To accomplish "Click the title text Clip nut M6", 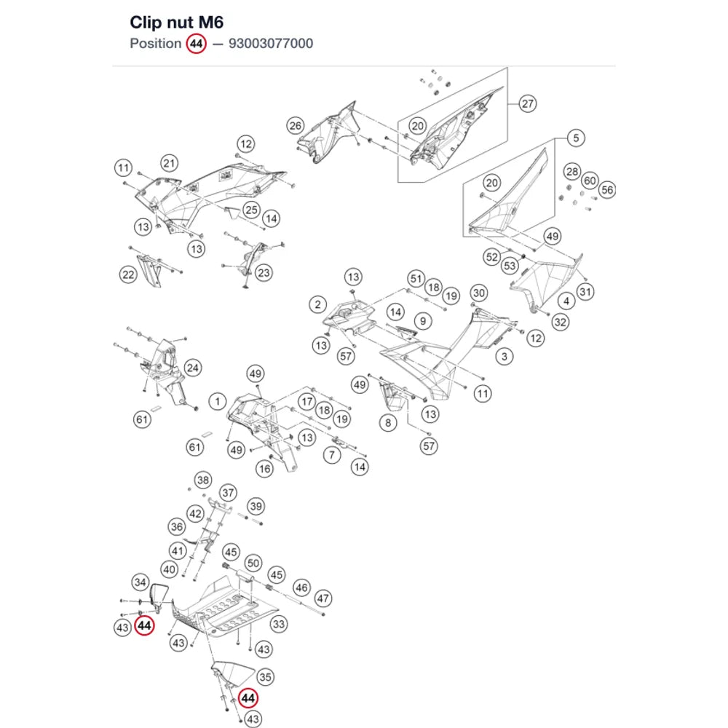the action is click(176, 23).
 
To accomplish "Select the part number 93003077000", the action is click(271, 44).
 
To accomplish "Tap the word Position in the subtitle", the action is click(156, 44).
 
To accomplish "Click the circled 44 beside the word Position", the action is click(196, 44).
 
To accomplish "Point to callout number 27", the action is click(527, 103).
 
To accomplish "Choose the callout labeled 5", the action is click(576, 138).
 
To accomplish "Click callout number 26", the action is click(296, 125).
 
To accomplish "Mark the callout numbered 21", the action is click(170, 163).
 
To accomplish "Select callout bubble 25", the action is click(251, 210).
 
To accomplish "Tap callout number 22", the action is click(128, 274).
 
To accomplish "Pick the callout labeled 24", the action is click(192, 368).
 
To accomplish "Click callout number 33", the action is click(279, 624).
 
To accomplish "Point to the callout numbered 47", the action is click(323, 598).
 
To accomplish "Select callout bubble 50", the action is click(253, 563).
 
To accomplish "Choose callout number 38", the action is click(203, 480).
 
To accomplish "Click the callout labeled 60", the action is click(590, 181).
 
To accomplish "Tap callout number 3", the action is click(505, 357).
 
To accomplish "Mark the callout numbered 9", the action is click(422, 321).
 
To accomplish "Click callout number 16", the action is click(265, 469).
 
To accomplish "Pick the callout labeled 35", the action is click(265, 677).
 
